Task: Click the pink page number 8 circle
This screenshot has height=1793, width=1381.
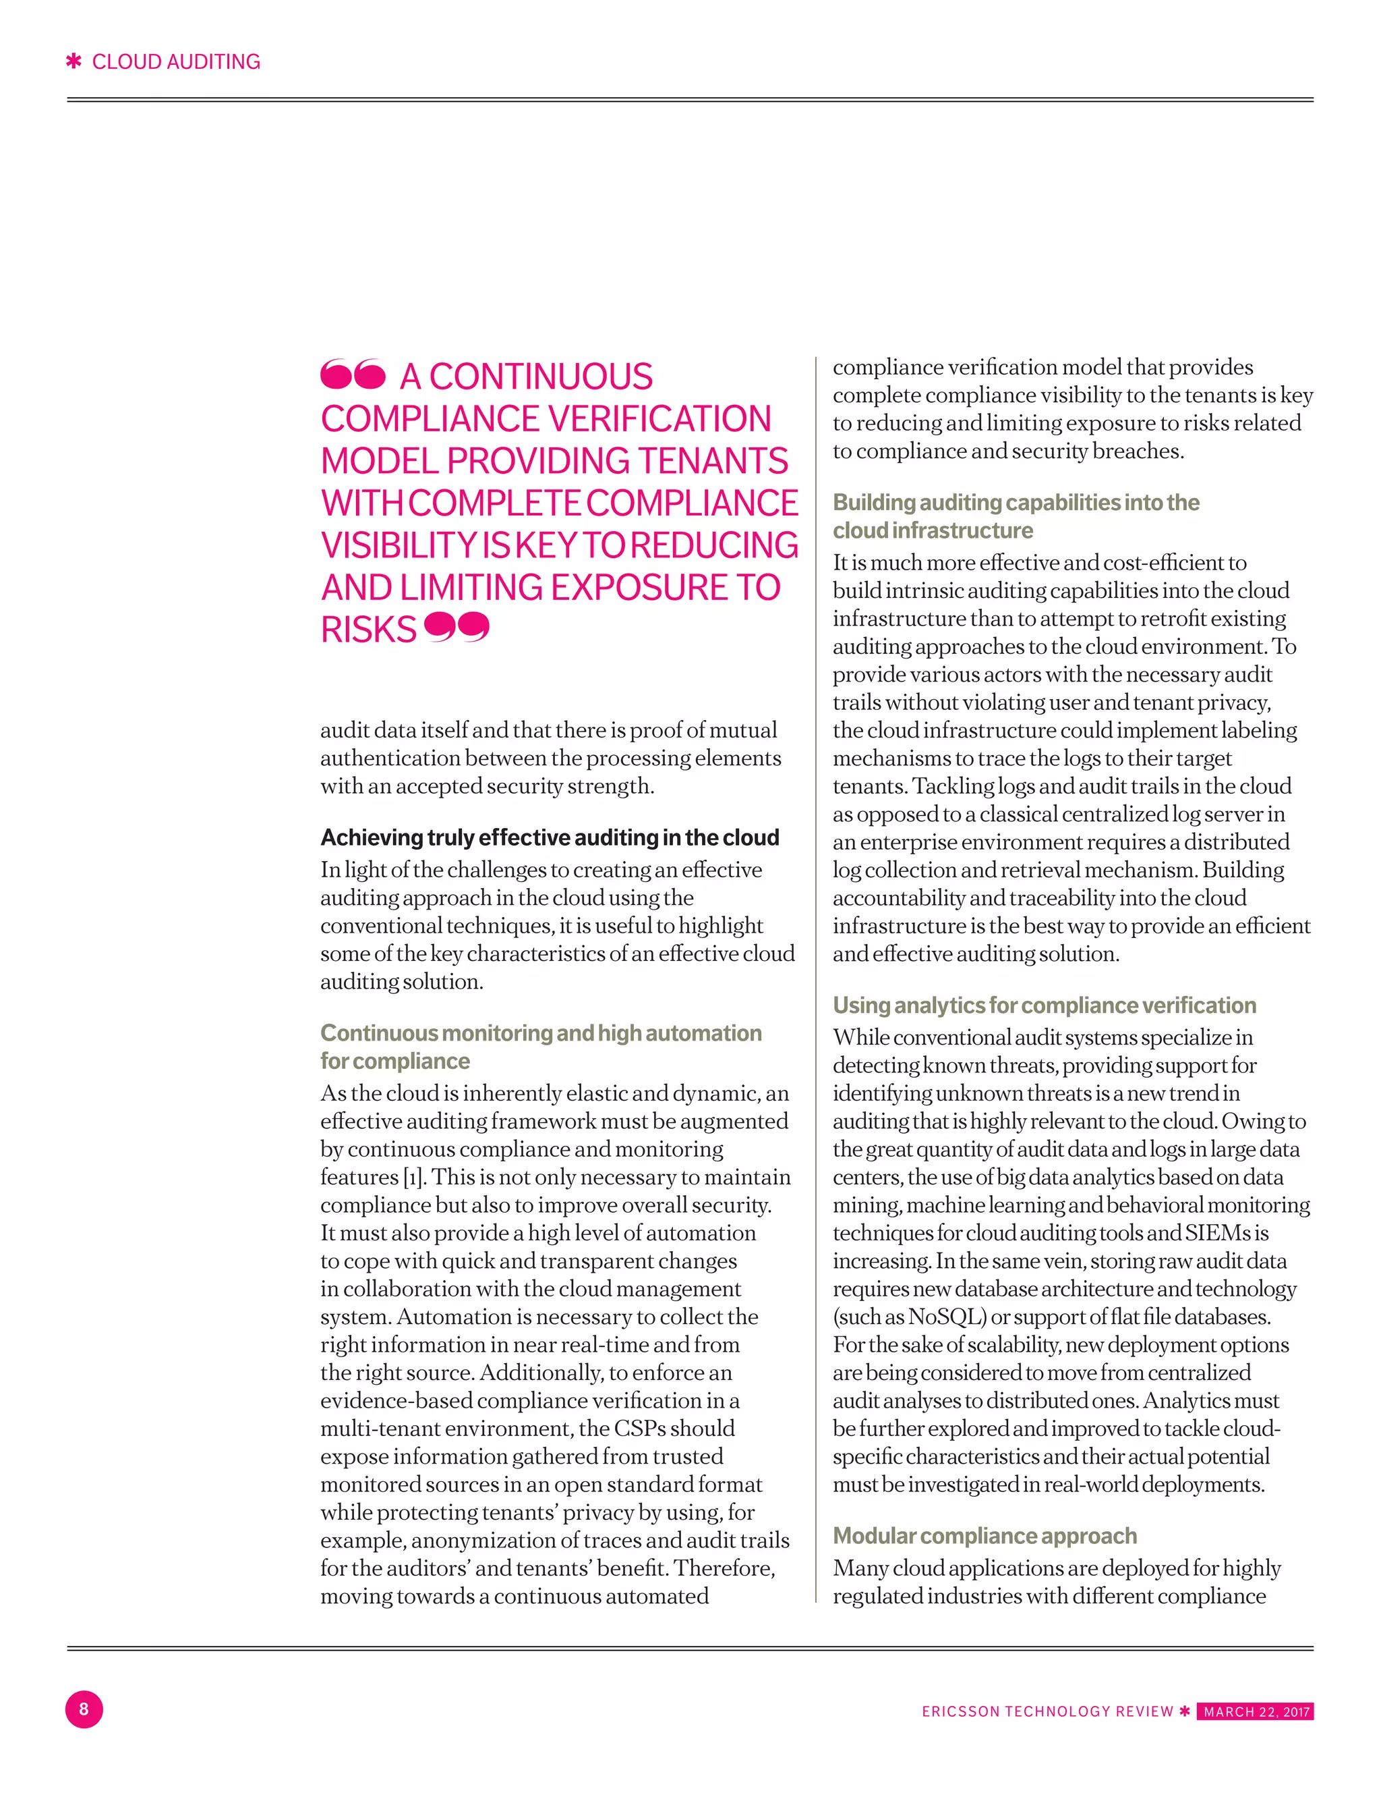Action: (84, 1709)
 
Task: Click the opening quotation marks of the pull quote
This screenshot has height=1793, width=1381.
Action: (352, 375)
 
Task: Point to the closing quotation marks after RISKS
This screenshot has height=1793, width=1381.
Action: (457, 627)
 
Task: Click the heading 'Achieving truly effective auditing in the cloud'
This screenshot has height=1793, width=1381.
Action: (550, 837)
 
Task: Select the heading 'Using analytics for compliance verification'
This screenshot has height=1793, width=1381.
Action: (1044, 1005)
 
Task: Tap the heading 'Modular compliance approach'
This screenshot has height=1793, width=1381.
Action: (985, 1535)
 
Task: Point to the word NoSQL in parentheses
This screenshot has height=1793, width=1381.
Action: (943, 1317)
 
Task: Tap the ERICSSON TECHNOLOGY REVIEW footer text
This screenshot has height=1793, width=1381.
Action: (1047, 1712)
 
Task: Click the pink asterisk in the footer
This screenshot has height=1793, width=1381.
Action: (1184, 1711)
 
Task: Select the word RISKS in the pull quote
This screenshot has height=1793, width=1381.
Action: (368, 630)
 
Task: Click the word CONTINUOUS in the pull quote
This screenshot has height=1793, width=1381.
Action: (541, 377)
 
